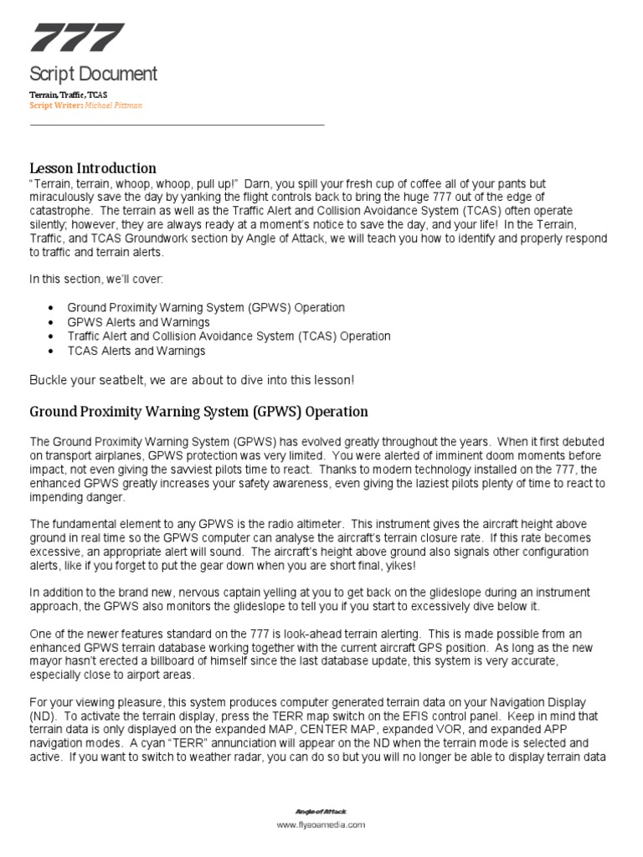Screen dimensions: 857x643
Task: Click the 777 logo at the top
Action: point(77,38)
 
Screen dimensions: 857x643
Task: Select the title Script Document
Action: point(93,74)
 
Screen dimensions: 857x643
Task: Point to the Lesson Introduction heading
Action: point(93,168)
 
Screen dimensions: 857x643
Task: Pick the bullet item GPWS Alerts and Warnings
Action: point(138,322)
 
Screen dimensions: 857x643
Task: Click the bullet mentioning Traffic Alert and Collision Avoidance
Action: point(229,336)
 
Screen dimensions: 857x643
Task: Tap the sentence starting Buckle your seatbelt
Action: point(192,380)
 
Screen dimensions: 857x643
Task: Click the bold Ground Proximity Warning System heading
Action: point(198,412)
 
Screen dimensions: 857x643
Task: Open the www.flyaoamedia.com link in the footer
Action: point(321,825)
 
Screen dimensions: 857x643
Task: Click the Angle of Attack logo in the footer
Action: point(321,812)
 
